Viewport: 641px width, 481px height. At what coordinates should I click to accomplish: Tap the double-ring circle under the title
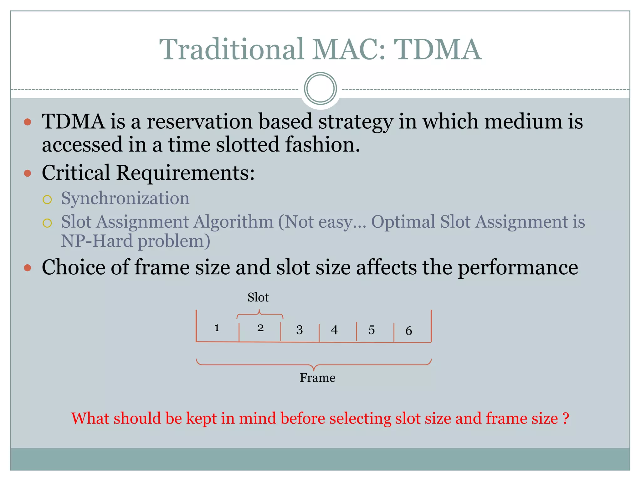[320, 89]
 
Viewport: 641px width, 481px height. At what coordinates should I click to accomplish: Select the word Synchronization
[125, 198]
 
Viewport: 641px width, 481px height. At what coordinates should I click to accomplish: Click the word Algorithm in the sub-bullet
[233, 222]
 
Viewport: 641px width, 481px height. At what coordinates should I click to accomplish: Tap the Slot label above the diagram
[258, 297]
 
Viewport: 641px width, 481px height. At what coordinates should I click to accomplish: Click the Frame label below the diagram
[317, 378]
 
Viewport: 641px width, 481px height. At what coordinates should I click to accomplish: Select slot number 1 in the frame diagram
[217, 328]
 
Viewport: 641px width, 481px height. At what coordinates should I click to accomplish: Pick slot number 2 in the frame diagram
[260, 328]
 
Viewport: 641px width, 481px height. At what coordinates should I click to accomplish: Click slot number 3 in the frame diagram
[300, 330]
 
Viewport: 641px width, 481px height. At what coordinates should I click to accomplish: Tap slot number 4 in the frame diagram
[334, 330]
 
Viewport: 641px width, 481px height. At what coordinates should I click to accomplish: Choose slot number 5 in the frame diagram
[372, 330]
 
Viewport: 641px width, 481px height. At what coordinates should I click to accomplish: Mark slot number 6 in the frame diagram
[409, 331]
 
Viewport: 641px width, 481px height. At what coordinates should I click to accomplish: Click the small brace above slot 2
[260, 314]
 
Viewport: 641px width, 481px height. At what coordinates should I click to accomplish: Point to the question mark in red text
[566, 418]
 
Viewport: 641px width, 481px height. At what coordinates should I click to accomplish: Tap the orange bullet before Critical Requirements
[28, 173]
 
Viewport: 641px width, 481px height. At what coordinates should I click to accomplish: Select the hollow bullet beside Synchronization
[47, 199]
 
